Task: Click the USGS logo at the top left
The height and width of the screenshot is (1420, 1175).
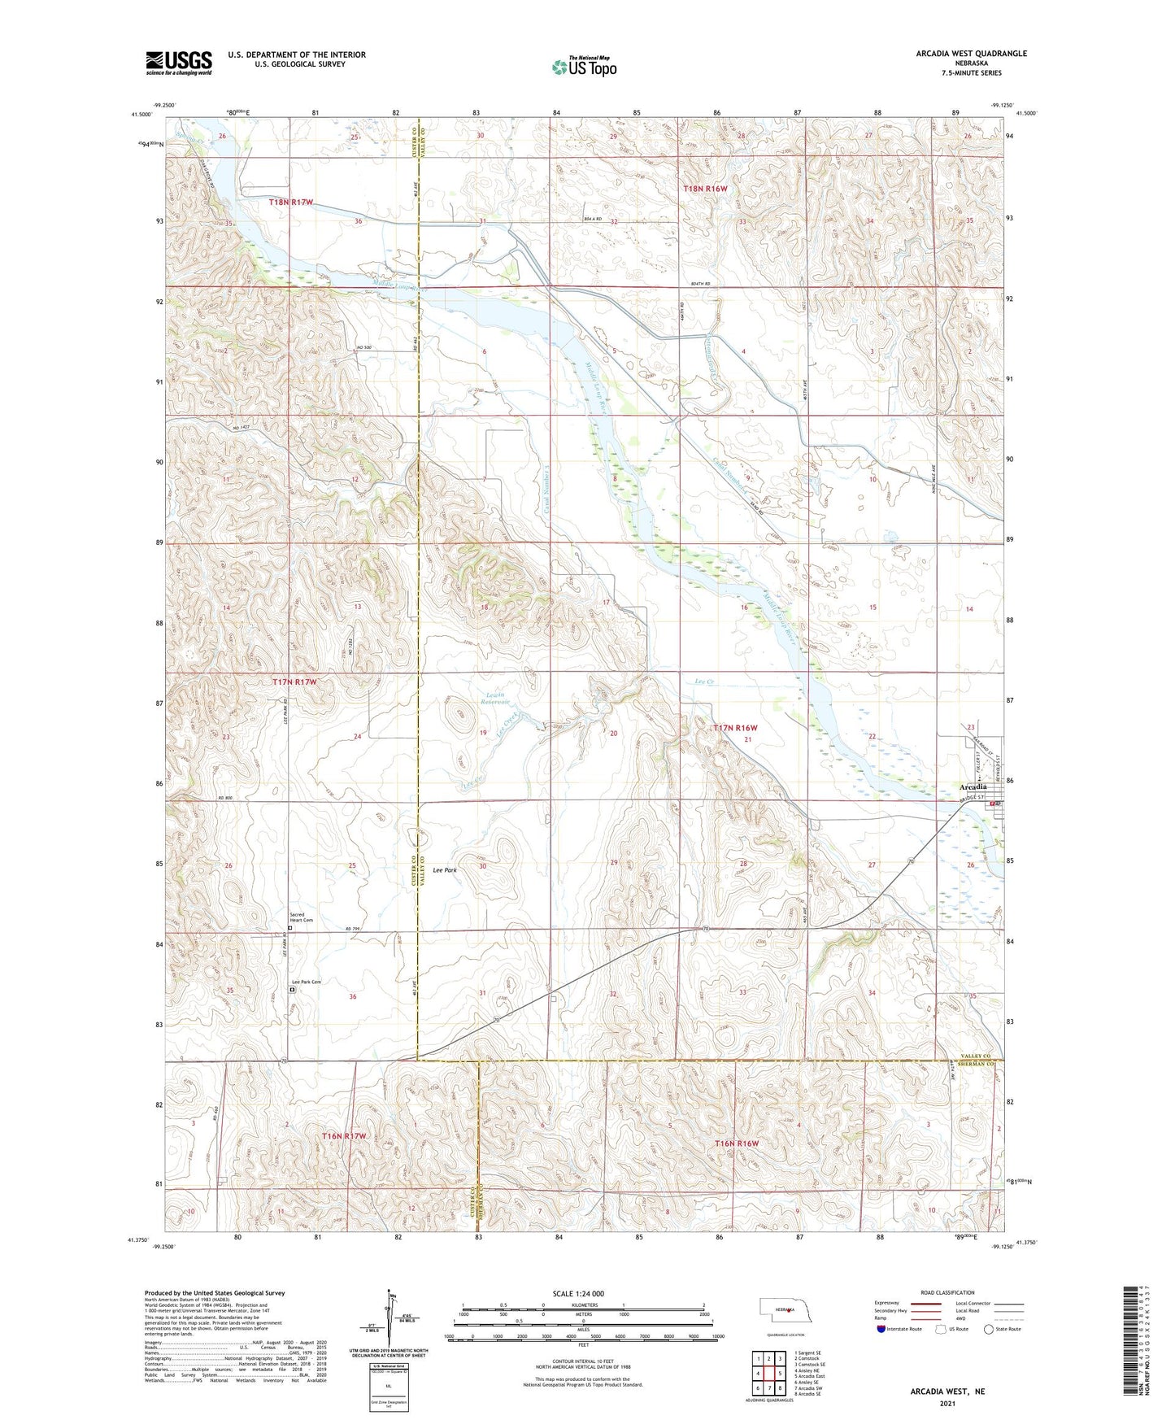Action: (178, 63)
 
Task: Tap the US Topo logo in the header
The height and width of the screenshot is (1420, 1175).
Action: (584, 67)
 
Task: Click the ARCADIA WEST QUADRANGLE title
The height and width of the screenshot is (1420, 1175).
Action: (971, 54)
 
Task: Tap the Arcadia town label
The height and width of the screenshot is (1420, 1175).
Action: (973, 786)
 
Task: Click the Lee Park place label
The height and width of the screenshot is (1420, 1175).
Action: (445, 870)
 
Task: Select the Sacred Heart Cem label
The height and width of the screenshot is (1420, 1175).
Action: (301, 917)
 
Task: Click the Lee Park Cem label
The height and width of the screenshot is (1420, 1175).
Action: (307, 982)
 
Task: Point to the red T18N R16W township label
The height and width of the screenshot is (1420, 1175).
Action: (705, 189)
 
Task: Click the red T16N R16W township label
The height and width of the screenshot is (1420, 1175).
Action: (736, 1143)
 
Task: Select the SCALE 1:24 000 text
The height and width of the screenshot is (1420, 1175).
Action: (578, 1293)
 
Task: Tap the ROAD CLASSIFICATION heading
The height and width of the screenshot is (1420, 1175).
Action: (947, 1292)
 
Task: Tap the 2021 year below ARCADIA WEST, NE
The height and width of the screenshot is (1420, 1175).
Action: (947, 1404)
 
